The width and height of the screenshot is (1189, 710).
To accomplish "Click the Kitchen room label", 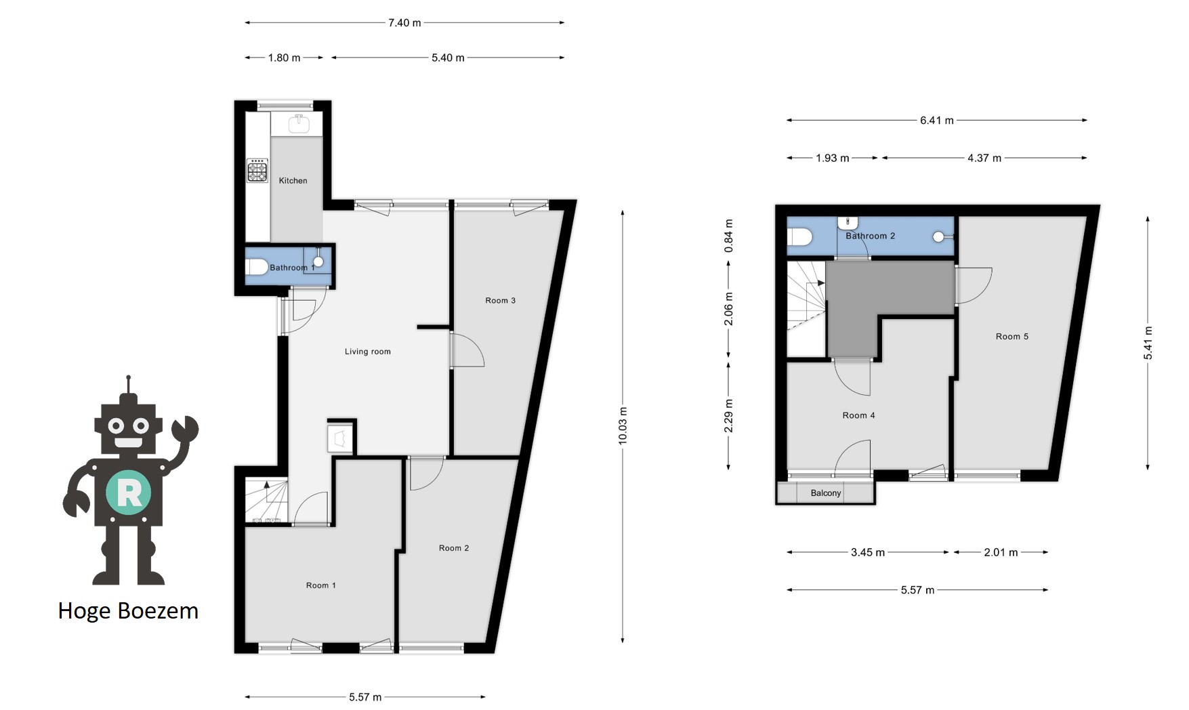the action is pos(293,181).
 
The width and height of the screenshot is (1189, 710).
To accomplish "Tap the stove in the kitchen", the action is pos(257,171).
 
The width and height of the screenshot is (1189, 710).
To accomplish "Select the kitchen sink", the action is pos(299,124).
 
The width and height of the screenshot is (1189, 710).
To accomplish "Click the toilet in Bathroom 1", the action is pos(257,267).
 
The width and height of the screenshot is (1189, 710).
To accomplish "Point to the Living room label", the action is pos(368,352).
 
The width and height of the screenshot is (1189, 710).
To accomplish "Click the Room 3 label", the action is pos(501,301).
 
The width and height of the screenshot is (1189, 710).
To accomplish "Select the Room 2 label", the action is pos(454,548).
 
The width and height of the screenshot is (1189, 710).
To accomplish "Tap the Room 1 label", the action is pos(321,585).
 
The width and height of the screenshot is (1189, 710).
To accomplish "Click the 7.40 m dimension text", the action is pos(404,23).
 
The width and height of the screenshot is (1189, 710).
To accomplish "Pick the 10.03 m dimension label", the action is pos(623,426).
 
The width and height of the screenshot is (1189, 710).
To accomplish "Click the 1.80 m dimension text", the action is pos(284,58).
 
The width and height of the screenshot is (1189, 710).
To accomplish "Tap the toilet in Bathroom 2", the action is pos(799,237).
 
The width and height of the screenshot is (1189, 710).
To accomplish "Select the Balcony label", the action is pos(826,493).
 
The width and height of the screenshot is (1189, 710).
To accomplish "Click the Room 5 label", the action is pos(1012,337).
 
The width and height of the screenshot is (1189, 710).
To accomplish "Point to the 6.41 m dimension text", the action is pos(937,121).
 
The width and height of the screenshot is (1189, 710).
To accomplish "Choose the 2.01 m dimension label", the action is pos(1001,553).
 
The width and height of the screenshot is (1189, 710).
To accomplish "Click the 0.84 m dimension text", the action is pos(729,236).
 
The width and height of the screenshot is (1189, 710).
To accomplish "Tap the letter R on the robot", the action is pos(129,493).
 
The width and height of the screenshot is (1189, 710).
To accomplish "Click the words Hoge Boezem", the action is pos(128,611).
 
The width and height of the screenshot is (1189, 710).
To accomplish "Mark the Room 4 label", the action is pos(858,416).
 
